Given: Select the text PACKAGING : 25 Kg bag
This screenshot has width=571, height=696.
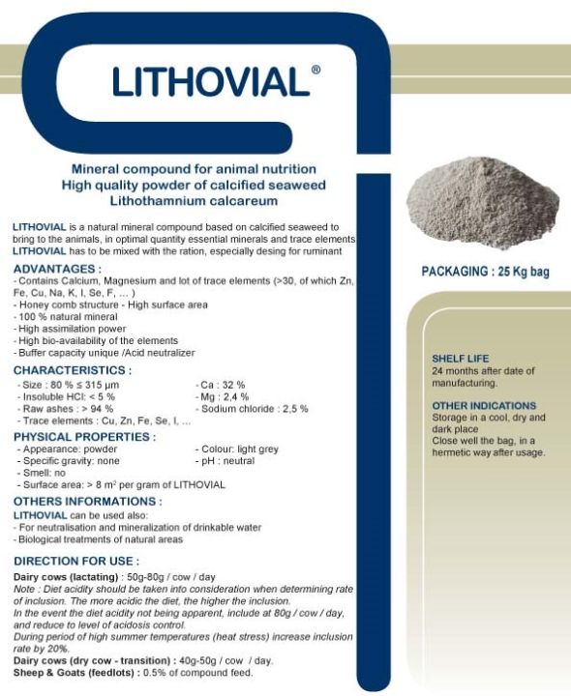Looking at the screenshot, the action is (x=485, y=272).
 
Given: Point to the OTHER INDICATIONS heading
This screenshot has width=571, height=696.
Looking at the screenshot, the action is (x=484, y=406).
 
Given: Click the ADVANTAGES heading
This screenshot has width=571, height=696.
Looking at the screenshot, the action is (x=57, y=268).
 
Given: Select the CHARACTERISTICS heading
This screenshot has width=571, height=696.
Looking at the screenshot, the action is (x=73, y=370).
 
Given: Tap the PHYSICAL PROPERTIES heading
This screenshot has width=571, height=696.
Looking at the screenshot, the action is (x=84, y=437).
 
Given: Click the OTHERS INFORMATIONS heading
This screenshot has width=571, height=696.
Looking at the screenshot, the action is (x=87, y=502).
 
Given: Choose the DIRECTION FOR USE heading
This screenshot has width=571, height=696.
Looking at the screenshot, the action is (x=76, y=561).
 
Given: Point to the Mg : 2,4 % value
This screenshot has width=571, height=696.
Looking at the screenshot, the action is (x=223, y=396).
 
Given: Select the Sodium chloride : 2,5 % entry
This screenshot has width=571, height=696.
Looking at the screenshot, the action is (x=253, y=409).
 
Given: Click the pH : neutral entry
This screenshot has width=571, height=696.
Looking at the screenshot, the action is (x=227, y=461).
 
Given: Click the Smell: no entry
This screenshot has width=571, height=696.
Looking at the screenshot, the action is (x=44, y=473).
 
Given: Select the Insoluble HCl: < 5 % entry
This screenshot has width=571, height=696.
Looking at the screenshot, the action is (x=67, y=396).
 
